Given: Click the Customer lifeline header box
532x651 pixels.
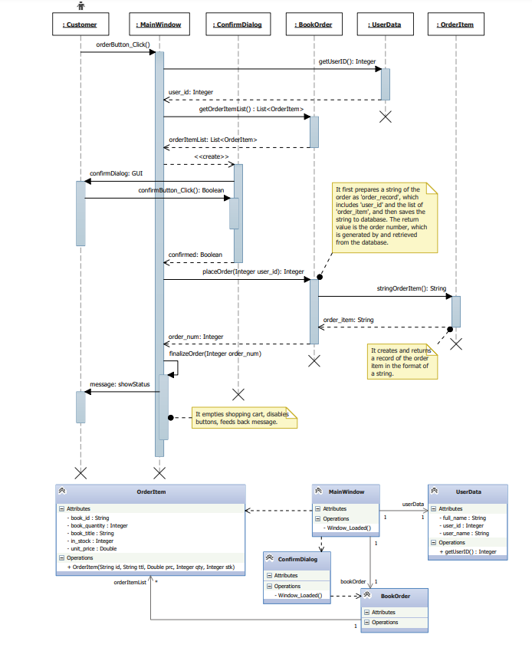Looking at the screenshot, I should [80, 25].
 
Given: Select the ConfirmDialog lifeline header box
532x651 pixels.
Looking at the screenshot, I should [238, 25].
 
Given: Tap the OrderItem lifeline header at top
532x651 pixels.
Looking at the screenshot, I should [456, 25].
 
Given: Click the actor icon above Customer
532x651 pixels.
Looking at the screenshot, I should [80, 5].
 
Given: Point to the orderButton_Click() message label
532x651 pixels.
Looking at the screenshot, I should [123, 44].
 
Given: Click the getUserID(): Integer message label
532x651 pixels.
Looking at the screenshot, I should [347, 61].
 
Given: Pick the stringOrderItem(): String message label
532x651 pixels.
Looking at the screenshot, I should [411, 288].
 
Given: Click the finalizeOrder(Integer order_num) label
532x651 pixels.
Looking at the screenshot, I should [215, 353].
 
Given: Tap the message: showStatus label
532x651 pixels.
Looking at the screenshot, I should [120, 384].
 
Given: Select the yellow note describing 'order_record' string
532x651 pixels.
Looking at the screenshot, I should [383, 215].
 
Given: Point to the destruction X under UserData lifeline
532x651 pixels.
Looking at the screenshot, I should [386, 117].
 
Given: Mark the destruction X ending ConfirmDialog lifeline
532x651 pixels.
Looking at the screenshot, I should [238, 394].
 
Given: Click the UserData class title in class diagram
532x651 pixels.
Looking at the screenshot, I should [468, 491].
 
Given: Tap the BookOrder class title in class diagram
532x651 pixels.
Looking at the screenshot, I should [395, 595].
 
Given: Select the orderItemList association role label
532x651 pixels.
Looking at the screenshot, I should [130, 583].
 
